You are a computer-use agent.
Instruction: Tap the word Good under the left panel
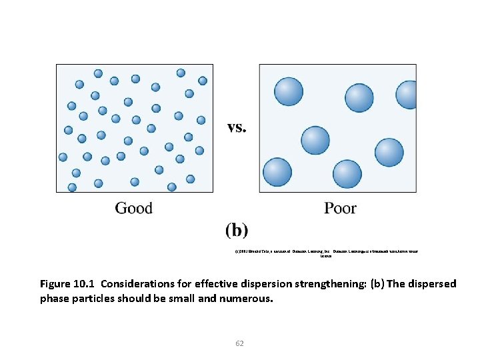pos(134,209)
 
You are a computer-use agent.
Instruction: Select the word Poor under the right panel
pos(340,209)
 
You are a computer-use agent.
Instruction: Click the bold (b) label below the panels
pos(237,231)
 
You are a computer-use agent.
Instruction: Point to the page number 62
pos(240,343)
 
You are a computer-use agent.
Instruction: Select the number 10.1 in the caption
pos(86,284)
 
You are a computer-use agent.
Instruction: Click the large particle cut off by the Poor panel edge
pos(407,94)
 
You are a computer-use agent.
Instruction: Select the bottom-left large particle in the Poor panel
pos(277,172)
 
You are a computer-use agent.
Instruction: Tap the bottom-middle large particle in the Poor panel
pos(347,175)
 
